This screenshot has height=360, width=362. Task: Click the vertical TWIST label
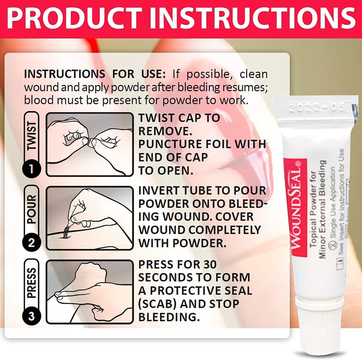[31, 136]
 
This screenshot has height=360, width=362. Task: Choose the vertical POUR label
[31, 210]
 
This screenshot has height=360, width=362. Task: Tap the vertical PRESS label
[31, 283]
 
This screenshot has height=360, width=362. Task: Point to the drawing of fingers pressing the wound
[90, 292]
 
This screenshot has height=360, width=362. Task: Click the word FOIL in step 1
[220, 144]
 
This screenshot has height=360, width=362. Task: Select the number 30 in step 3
[208, 264]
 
